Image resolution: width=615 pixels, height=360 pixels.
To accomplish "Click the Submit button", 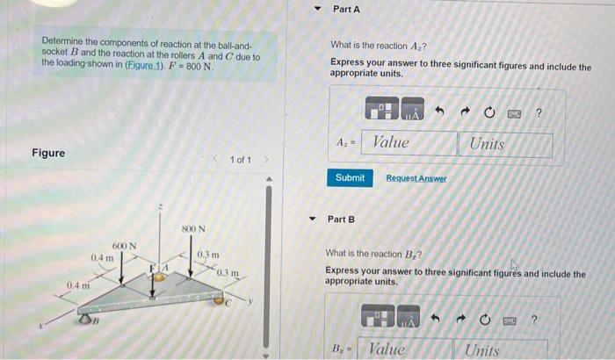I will pyautogui.click(x=350, y=177).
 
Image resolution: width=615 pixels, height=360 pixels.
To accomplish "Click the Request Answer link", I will pyautogui.click(x=416, y=178).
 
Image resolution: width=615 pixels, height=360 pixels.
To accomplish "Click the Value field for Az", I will pyautogui.click(x=407, y=143).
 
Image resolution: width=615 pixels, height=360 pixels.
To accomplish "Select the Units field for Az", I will pyautogui.click(x=505, y=144).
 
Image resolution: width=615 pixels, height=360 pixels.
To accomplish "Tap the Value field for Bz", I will pyautogui.click(x=407, y=349).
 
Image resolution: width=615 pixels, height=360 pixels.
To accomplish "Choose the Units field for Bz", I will pyautogui.click(x=505, y=349).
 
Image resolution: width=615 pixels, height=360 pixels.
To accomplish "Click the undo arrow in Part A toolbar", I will pyautogui.click(x=445, y=112).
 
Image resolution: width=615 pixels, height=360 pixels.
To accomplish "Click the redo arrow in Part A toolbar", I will pyautogui.click(x=469, y=112).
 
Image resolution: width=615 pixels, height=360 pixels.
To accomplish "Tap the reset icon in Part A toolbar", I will pyautogui.click(x=492, y=112).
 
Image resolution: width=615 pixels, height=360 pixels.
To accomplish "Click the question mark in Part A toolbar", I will pyautogui.click(x=539, y=112).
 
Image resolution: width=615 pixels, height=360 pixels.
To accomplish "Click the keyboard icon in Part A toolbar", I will pyautogui.click(x=516, y=112).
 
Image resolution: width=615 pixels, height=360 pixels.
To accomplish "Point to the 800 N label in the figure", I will pyautogui.click(x=193, y=230).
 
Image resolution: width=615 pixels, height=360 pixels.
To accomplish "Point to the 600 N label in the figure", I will pyautogui.click(x=124, y=246).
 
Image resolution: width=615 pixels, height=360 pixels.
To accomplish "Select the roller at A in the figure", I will pyautogui.click(x=161, y=277).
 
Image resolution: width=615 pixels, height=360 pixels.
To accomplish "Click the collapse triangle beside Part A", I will pyautogui.click(x=318, y=10).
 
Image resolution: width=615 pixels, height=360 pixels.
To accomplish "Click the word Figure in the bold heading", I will pyautogui.click(x=48, y=153).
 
